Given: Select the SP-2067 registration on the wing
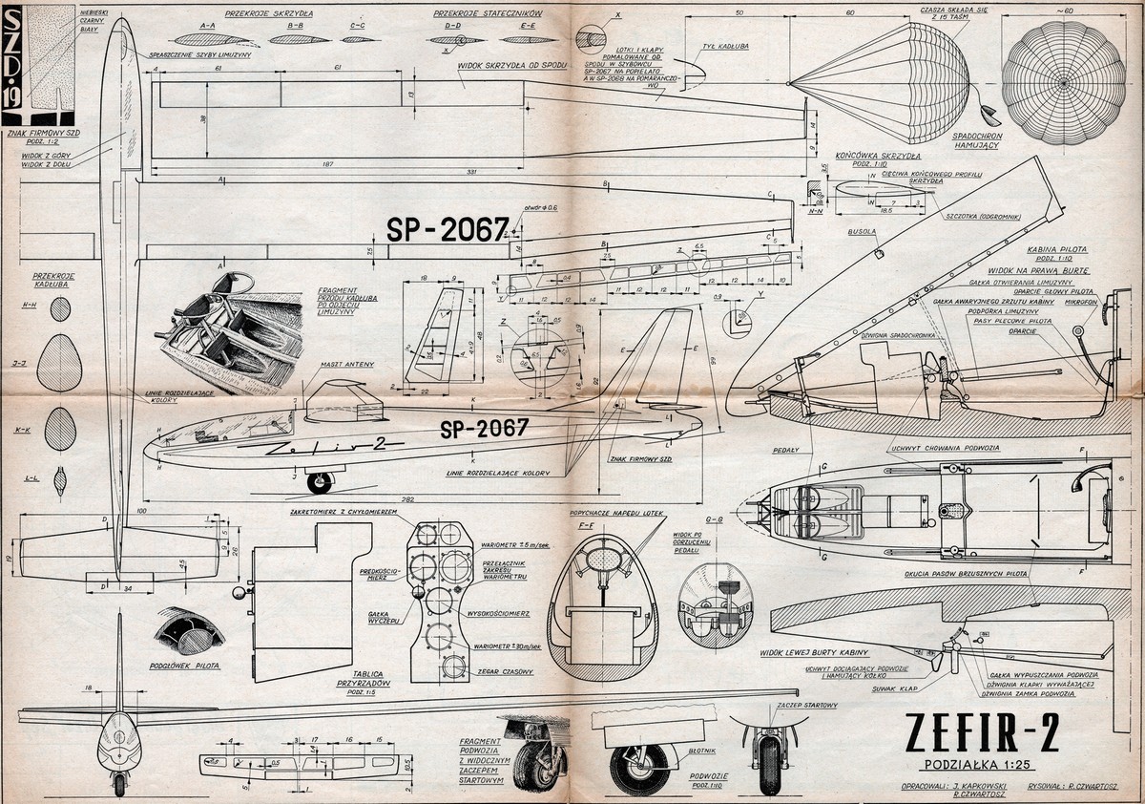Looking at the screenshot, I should coord(447,229).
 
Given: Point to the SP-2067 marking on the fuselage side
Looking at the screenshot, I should coord(485,429).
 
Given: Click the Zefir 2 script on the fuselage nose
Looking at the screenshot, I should coord(324,445).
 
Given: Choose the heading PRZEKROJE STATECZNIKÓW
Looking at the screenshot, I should coord(488,16).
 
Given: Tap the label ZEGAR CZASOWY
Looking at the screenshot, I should coord(505,671).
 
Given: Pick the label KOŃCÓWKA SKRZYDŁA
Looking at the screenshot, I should coord(876,155).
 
